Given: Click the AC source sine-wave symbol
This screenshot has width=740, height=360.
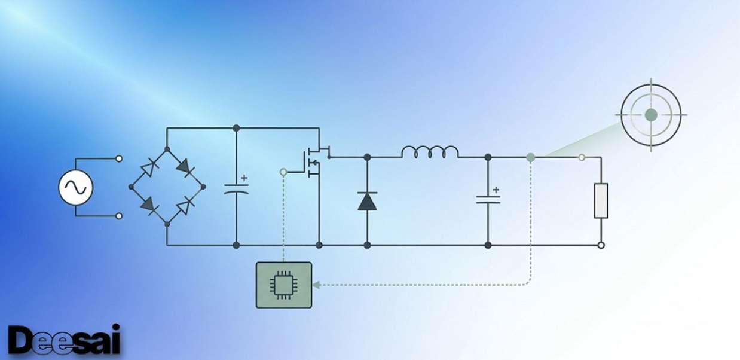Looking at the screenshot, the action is point(76,187).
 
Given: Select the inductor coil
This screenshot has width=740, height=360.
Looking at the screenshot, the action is point(430,152).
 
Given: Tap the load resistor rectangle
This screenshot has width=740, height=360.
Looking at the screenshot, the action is point(601,201).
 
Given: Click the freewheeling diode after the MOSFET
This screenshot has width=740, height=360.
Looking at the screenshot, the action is point(367,201).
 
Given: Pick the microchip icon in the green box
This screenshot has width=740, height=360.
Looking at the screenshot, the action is point(283,285).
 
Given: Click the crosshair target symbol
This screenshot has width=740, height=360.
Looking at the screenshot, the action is point(651,115).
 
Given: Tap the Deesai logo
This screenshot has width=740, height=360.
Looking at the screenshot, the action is point(64,340).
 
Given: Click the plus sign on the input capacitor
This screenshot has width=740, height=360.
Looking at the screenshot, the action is point(244,178).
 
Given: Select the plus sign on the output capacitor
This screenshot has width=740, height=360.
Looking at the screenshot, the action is point(496,190).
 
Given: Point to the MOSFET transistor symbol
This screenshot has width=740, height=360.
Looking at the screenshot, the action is point(316,161).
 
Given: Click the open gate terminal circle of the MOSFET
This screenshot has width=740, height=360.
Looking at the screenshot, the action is point(283,172).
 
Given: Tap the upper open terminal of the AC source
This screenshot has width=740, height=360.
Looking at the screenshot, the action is point(119,158).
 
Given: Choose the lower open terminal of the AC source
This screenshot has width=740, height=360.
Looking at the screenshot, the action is point(119,216).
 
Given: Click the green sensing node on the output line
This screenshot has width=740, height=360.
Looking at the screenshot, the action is point(530,158).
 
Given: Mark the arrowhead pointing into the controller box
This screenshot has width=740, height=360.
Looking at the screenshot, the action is point(316,285).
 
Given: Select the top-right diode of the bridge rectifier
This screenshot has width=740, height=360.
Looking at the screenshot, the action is point(186,167).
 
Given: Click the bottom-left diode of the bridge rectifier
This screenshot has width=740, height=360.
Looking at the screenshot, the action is point(149,205).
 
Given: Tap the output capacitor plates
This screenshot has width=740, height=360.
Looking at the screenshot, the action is point(488,200).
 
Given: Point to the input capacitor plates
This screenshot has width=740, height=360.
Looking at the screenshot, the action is point(236,189).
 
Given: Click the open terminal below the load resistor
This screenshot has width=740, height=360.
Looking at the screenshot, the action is point(601,245).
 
